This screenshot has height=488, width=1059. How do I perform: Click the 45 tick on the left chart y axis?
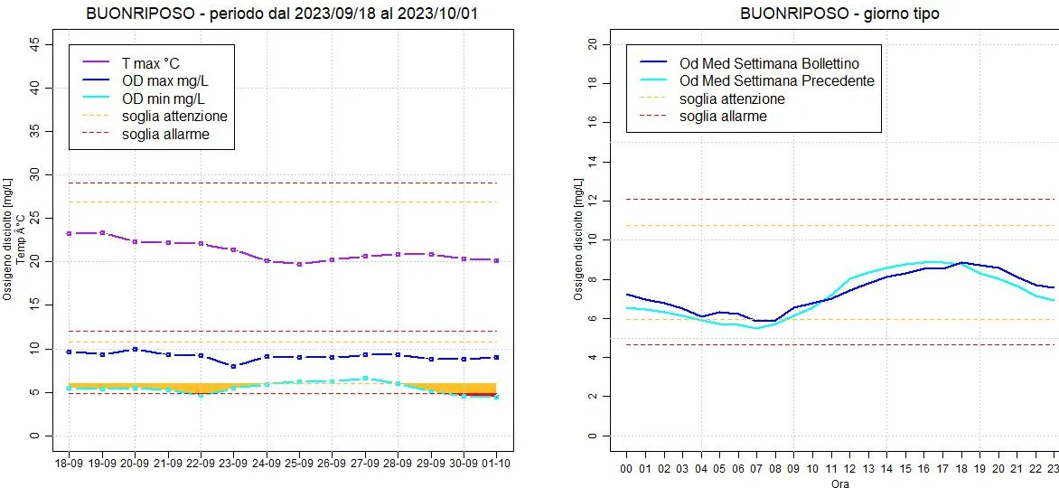34,43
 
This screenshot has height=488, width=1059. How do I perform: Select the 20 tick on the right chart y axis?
592,43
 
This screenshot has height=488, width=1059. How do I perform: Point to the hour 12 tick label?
849,468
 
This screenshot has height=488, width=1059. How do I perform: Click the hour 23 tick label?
1053,468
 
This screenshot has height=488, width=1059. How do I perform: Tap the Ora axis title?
839,483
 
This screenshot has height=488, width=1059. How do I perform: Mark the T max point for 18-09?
69,233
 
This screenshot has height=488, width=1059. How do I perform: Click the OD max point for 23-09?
233,366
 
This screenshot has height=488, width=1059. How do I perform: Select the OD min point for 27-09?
365,379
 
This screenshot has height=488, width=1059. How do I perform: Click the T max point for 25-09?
299,264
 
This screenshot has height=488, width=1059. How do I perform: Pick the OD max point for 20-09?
135,349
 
